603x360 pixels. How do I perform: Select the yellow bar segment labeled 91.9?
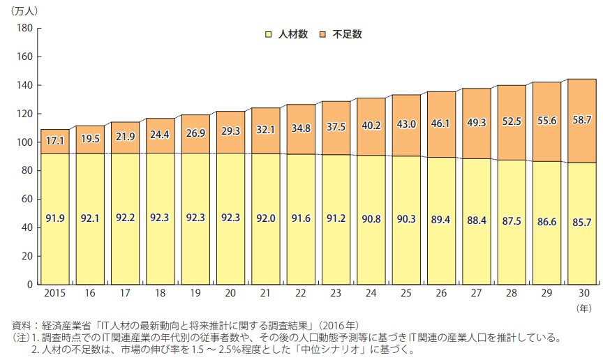tap(55, 219)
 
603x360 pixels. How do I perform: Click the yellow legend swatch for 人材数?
tap(268, 33)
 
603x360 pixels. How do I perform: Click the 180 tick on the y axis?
tap(24, 28)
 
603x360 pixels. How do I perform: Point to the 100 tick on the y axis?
tap(24, 142)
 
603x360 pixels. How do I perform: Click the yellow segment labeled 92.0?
tap(266, 219)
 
